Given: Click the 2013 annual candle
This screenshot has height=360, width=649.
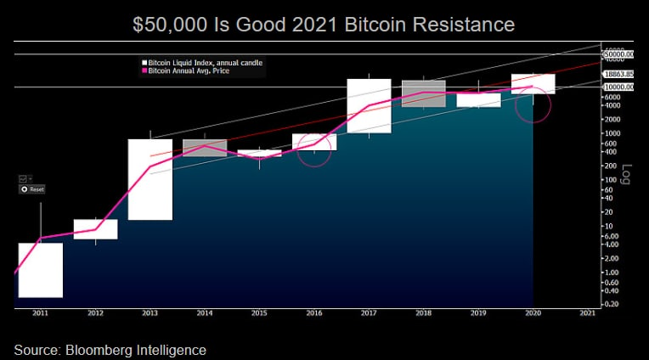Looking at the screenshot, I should [150, 179].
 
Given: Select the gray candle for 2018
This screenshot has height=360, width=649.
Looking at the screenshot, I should [424, 93].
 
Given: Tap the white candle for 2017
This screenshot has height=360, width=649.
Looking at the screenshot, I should [369, 106].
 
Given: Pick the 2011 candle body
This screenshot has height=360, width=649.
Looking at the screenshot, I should [41, 270].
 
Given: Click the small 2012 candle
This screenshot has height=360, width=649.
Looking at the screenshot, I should [95, 229].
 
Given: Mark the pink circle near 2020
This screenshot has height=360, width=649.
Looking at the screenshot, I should [533, 104].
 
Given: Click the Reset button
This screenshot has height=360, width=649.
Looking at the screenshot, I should [33, 189].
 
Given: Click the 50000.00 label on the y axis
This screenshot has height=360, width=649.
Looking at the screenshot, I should [619, 54].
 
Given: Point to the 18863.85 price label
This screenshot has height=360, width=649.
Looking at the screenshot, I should [619, 75].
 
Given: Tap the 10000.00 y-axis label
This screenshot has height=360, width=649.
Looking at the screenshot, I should [619, 87].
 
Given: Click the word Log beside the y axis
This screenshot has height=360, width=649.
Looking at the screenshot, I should [628, 174].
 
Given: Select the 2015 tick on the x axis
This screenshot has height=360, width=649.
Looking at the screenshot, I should [259, 313].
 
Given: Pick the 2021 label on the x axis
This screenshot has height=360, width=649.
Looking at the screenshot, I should [587, 313].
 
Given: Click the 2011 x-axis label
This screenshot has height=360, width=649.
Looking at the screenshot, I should [40, 313].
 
